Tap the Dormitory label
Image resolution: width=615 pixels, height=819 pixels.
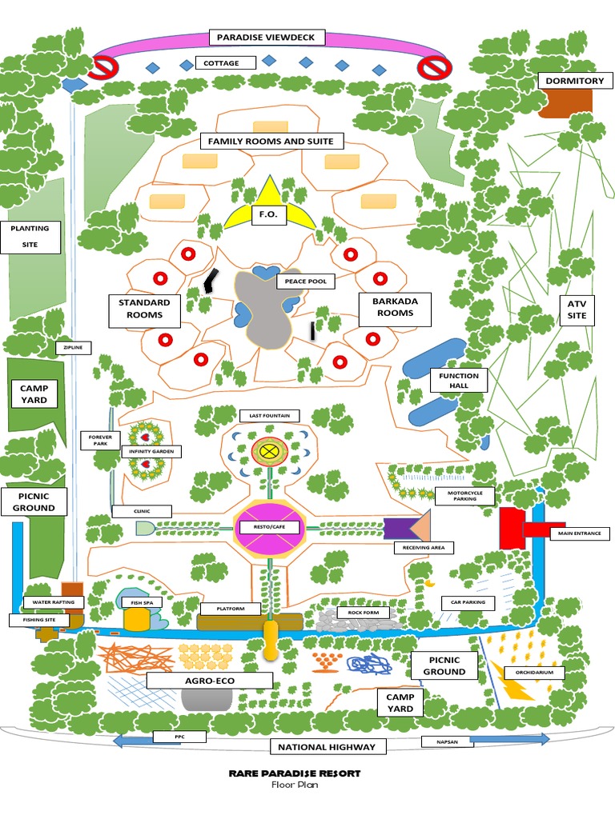pos(574,81)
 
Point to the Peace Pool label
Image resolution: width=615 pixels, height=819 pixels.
pos(305,282)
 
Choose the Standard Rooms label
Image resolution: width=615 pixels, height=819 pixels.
pos(144,309)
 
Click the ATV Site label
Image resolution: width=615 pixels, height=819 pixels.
pos(577,309)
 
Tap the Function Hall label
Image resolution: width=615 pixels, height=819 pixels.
pos(459,380)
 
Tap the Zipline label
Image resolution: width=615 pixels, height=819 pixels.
pos(74,348)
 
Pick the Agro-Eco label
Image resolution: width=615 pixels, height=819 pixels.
pos(209,681)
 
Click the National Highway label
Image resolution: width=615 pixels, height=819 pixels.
pos(327,747)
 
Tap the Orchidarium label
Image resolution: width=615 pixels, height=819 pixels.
pos(535,673)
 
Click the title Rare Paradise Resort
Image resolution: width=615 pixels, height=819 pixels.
pos(294,773)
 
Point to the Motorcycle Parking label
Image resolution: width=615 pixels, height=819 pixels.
pos(464,496)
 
